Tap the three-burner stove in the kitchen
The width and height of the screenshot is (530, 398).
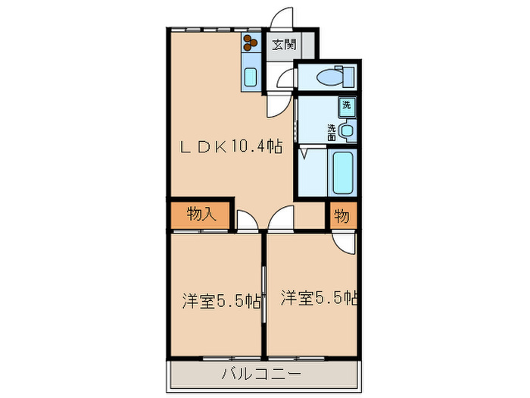click(x=251, y=43)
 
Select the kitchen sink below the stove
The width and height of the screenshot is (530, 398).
click(x=251, y=76)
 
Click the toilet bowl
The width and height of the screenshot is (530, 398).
click(x=329, y=77)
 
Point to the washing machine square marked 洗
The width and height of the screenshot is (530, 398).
click(x=347, y=105)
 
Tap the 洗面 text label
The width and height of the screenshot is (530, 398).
click(x=332, y=131)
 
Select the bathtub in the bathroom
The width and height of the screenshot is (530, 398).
click(x=341, y=173)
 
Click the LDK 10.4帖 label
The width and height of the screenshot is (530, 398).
click(x=231, y=147)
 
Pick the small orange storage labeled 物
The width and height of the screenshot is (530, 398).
click(x=341, y=215)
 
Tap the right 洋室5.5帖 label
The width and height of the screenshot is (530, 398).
click(x=318, y=297)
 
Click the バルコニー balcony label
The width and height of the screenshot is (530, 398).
click(x=261, y=374)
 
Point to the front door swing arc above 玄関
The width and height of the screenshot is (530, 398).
click(x=280, y=19)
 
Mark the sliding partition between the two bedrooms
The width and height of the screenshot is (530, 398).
click(x=263, y=292)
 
